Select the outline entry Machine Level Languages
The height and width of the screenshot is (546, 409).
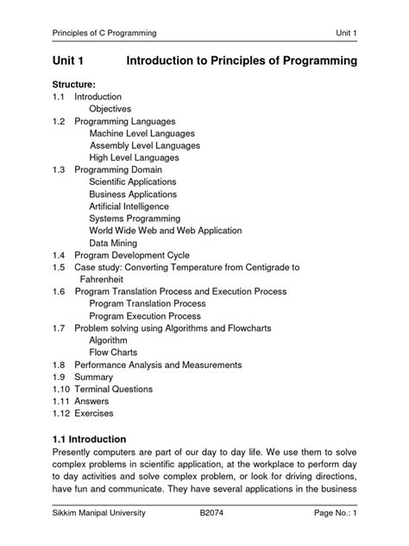point(142,134)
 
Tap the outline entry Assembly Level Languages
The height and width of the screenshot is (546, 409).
point(145,146)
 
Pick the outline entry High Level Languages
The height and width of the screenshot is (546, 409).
point(134,158)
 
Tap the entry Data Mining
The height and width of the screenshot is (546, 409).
point(115,244)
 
